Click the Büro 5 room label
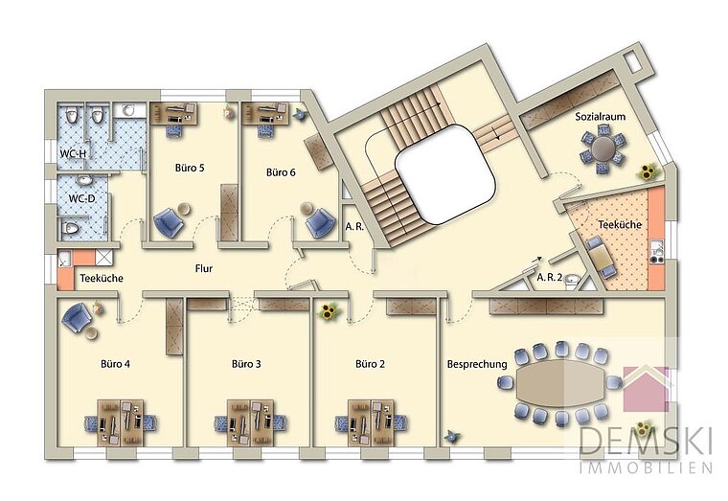click(x=190, y=168)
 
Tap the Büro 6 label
click(x=281, y=172)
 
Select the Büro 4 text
click(x=115, y=364)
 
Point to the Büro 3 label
click(x=246, y=364)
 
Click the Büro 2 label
click(x=370, y=364)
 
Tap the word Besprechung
click(x=477, y=364)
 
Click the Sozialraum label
click(x=601, y=117)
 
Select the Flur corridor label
click(x=204, y=268)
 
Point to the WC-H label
click(x=73, y=153)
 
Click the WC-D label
click(x=82, y=198)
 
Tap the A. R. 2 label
click(x=549, y=278)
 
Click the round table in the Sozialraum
click(x=603, y=148)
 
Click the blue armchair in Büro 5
click(x=169, y=222)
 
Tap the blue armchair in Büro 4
click(x=77, y=317)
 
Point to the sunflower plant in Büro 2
click(x=329, y=312)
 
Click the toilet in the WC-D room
click(x=70, y=228)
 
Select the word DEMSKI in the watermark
click(x=646, y=441)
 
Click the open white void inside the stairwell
click(x=445, y=174)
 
